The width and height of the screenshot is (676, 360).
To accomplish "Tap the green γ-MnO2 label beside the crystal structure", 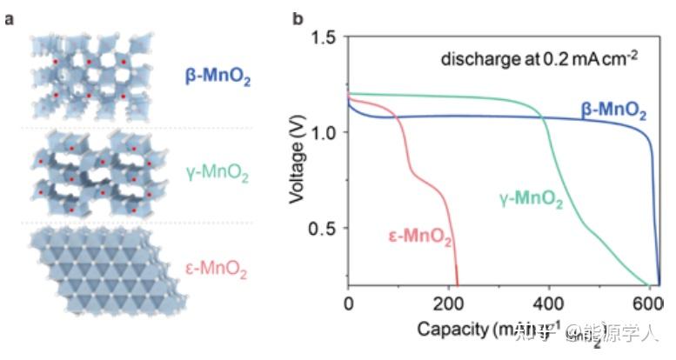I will [x=218, y=176].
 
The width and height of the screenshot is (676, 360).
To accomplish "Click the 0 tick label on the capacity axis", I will [x=348, y=304].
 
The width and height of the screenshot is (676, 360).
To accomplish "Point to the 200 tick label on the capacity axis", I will [x=448, y=304].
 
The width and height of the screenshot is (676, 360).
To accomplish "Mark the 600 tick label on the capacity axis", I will [x=646, y=304].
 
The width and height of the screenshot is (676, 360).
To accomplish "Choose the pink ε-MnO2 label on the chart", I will [x=418, y=235].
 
